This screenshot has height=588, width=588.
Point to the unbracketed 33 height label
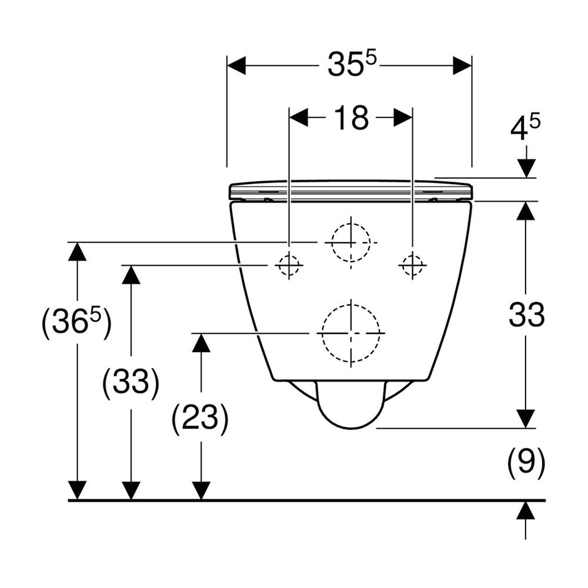tap(526, 314)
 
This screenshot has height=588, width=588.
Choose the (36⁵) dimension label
tap(76, 322)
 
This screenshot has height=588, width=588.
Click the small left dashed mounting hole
tap(289, 265)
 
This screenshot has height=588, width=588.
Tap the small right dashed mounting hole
tap(413, 265)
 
